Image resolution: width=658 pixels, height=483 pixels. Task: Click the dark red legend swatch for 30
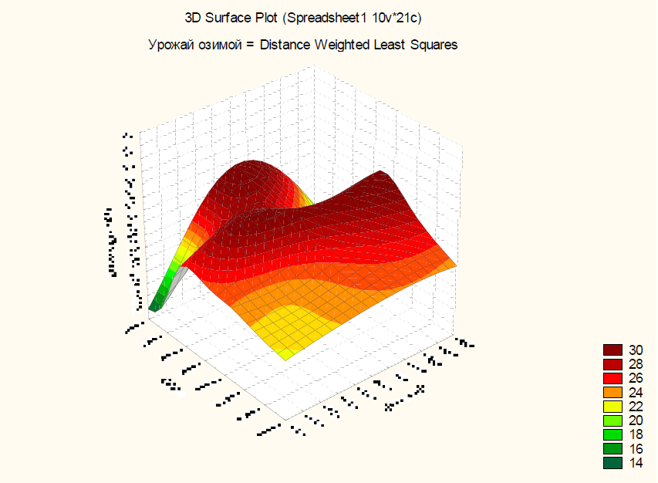tap(612, 350)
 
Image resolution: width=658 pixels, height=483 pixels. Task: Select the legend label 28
tap(636, 364)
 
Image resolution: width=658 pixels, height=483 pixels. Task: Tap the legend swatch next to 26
tap(612, 378)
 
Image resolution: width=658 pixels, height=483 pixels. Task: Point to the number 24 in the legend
tap(636, 392)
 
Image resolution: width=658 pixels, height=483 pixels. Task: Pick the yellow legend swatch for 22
tap(612, 406)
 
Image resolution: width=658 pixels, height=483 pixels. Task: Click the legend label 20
tap(636, 421)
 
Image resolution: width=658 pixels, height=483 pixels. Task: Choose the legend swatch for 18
tap(612, 434)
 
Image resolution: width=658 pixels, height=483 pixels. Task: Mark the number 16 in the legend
tap(636, 448)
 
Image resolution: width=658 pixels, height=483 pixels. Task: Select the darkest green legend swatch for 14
tap(612, 462)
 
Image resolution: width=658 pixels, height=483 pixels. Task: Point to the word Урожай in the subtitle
tap(168, 45)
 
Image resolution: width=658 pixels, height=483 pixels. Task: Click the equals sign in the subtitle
tap(251, 45)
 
